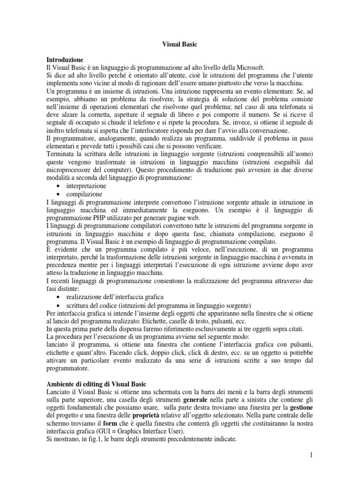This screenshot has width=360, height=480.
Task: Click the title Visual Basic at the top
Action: pyautogui.click(x=179, y=45)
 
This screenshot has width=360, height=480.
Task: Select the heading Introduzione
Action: pyautogui.click(x=65, y=60)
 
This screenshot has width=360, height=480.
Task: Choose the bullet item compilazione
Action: pyautogui.click(x=84, y=194)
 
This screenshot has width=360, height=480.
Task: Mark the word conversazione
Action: pyautogui.click(x=270, y=131)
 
